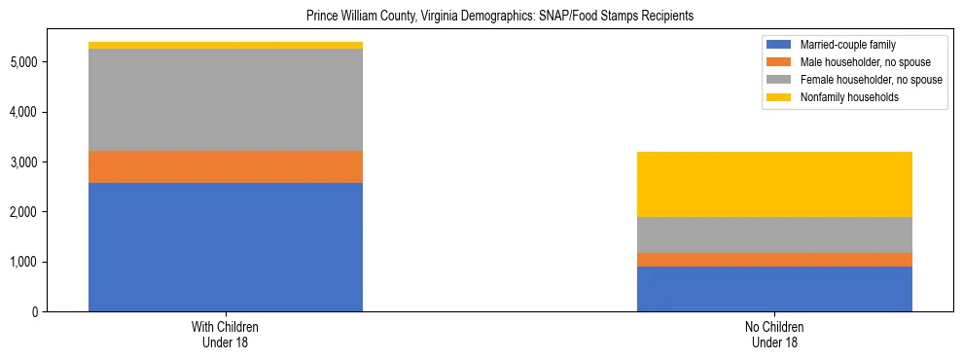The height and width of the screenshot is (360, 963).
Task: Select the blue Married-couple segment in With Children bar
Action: point(226,247)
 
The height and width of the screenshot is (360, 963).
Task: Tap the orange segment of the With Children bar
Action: point(226,167)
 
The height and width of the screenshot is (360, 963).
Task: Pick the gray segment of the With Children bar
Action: point(226,100)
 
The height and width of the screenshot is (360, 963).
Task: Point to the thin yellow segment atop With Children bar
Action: point(226,46)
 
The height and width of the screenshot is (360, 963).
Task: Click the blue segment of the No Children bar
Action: point(774,289)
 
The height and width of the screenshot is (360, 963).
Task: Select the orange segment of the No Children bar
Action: point(774,260)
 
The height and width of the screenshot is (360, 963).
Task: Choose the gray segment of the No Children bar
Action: point(774,234)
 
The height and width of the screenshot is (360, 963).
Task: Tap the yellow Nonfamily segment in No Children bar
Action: point(774,185)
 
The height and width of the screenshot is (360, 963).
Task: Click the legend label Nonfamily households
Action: point(842,97)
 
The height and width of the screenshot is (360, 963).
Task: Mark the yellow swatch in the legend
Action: point(779,97)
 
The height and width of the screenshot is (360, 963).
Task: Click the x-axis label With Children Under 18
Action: point(226,335)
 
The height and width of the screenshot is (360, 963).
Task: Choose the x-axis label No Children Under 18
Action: point(774,335)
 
